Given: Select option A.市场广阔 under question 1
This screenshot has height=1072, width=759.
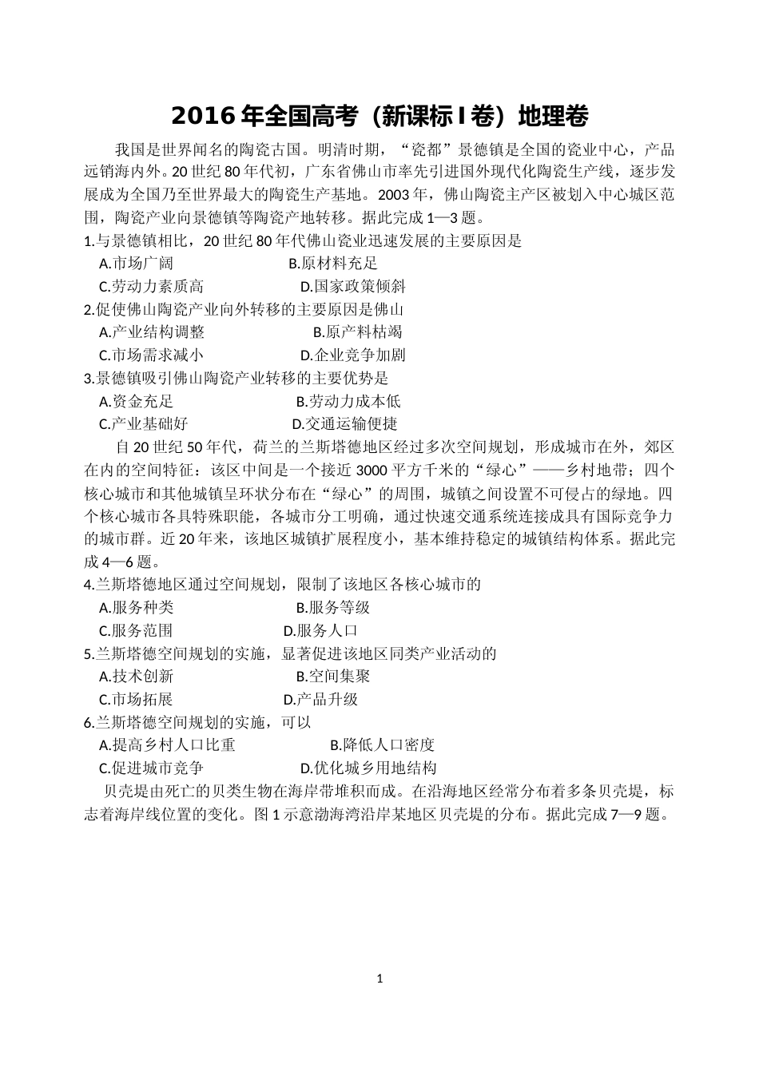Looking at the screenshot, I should pyautogui.click(x=136, y=263).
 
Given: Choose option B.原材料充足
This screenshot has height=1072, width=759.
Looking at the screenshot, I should pyautogui.click(x=333, y=263).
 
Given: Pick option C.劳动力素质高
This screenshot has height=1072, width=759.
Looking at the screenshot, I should pyautogui.click(x=152, y=286).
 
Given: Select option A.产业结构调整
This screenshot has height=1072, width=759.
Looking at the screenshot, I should pyautogui.click(x=152, y=332).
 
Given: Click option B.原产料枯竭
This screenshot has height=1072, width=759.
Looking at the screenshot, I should pyautogui.click(x=357, y=332).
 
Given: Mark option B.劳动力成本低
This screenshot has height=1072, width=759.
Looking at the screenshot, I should pyautogui.click(x=348, y=401).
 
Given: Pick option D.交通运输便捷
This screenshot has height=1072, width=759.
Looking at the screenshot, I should pyautogui.click(x=344, y=423).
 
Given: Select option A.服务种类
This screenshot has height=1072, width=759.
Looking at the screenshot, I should pyautogui.click(x=136, y=607).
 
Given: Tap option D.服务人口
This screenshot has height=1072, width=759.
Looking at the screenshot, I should pyautogui.click(x=320, y=630).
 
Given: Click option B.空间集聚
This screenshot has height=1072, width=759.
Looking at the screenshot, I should pyautogui.click(x=333, y=676).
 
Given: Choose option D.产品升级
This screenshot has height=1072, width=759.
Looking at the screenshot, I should pyautogui.click(x=320, y=699).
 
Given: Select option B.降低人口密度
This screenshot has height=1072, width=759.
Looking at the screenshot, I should pyautogui.click(x=382, y=745).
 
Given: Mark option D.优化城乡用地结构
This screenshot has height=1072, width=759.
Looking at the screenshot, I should pyautogui.click(x=368, y=768).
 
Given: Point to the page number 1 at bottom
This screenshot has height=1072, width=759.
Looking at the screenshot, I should pyautogui.click(x=380, y=978).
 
